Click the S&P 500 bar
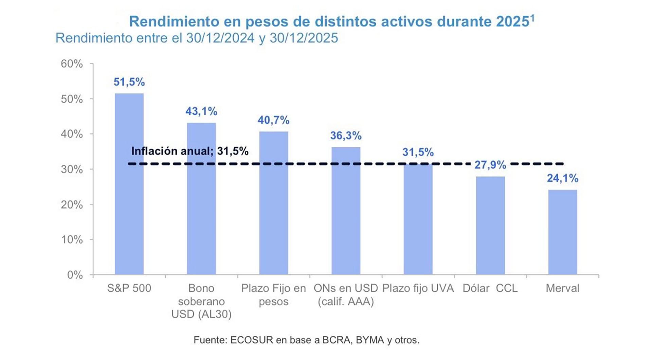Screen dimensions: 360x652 coord(129,184)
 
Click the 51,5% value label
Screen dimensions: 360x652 coord(129,82)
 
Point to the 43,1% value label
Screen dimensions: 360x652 coord(201,111)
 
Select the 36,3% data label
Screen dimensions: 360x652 coord(346,136)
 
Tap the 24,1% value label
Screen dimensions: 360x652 coord(562,178)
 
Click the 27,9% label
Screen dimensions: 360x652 coord(490,165)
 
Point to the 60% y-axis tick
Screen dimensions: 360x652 coord(72,64)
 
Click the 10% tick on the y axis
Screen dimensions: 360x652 coord(72,240)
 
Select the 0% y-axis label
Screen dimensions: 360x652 coord(75,275)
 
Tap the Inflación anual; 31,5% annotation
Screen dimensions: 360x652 coord(189,151)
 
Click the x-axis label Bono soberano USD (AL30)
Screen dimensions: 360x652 coord(201,301)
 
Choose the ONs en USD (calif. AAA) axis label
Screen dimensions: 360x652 coord(346,295)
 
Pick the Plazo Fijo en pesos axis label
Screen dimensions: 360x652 coord(273,295)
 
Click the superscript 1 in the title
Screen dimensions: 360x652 coord(532,18)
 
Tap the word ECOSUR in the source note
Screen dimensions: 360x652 coord(251,340)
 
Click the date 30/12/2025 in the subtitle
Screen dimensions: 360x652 coord(304,38)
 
